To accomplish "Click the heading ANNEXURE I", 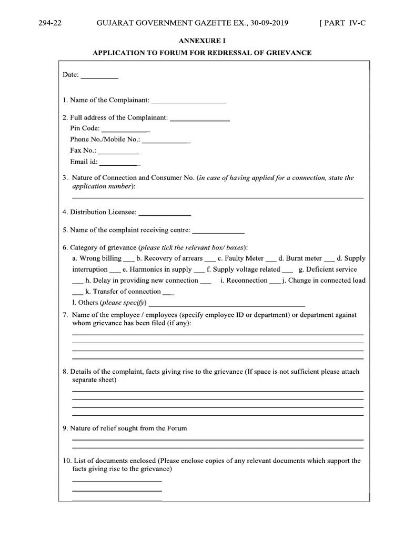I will click(202, 41).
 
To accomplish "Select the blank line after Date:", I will click(99, 77).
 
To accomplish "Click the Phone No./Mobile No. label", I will click(105, 139).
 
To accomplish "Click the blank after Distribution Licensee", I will click(165, 214).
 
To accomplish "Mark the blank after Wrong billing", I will click(128, 260).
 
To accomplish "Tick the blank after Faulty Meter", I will click(271, 260).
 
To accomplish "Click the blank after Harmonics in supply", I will click(199, 271).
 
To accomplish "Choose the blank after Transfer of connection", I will click(168, 293).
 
